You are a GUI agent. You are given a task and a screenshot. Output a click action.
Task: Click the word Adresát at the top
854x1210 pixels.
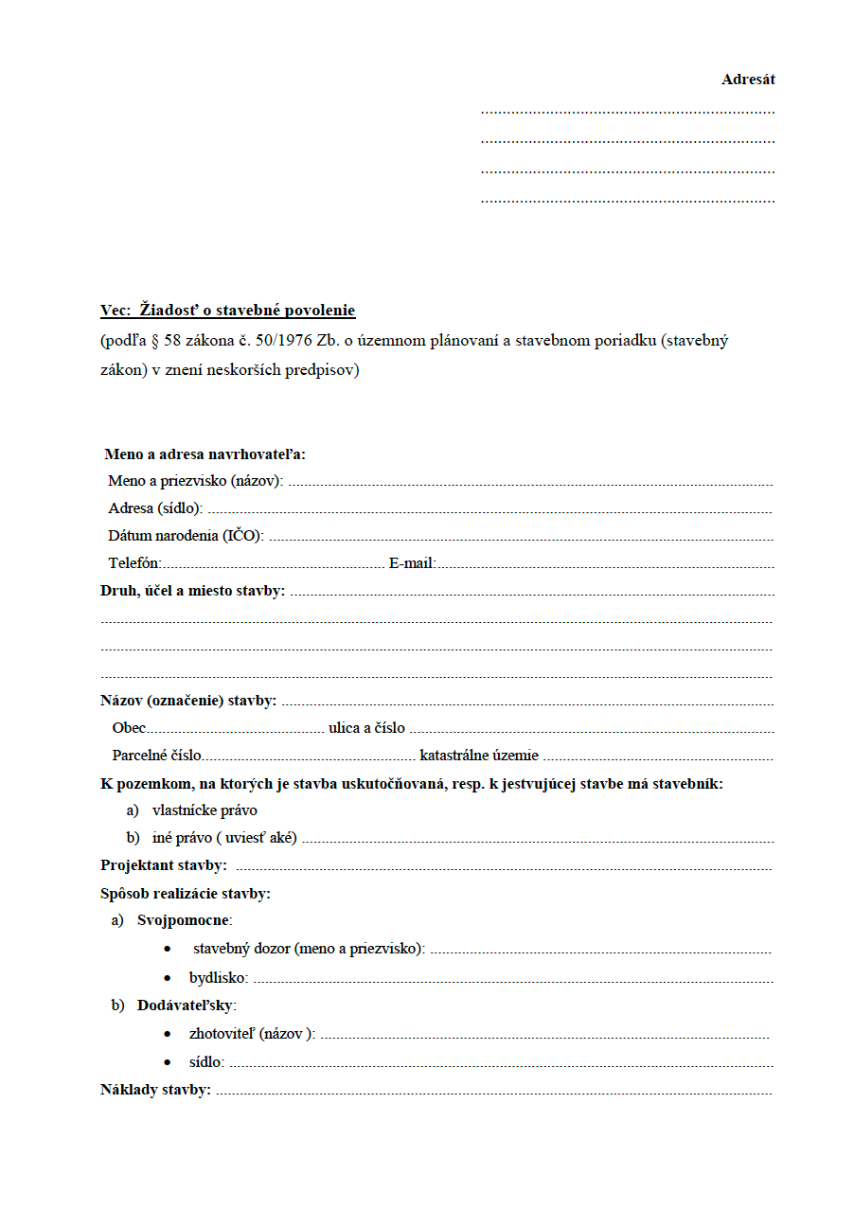click(748, 80)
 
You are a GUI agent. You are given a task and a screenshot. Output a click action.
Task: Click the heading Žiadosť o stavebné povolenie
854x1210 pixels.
click(247, 311)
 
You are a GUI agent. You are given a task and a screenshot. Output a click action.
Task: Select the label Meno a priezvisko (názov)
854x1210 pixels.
click(195, 481)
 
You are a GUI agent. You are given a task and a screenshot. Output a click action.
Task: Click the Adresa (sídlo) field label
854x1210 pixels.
click(155, 508)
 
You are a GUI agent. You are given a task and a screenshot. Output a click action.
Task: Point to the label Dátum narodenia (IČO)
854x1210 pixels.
click(186, 536)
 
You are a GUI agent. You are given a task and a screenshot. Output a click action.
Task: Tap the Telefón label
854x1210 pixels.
click(134, 563)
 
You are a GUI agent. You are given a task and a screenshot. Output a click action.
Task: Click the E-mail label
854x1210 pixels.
click(412, 563)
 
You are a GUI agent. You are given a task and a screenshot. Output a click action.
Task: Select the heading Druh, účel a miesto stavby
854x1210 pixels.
click(192, 591)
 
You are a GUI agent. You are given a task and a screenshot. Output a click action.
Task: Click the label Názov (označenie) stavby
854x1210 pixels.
click(188, 701)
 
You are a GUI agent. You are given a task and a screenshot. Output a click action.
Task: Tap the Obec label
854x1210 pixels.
click(129, 728)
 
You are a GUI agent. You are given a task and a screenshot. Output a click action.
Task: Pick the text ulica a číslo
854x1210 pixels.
click(366, 728)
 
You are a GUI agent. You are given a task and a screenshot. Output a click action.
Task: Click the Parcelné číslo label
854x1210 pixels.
click(156, 756)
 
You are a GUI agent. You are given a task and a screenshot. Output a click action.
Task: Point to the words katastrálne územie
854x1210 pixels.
click(479, 756)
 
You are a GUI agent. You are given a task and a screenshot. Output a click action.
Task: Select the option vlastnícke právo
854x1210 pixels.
click(205, 810)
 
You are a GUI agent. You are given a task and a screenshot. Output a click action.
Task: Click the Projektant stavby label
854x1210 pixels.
click(163, 865)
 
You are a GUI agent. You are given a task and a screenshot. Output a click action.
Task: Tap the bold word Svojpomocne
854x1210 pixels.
click(185, 920)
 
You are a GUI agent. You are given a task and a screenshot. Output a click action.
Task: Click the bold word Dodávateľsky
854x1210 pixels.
click(187, 1005)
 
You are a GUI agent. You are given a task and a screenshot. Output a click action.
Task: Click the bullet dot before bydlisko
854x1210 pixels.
click(168, 978)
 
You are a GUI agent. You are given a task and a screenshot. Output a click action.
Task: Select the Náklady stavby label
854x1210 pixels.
click(155, 1090)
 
